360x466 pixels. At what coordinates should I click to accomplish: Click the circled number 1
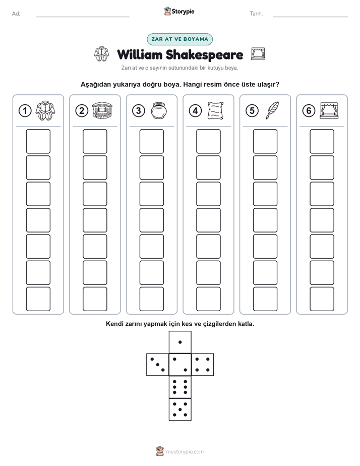point(25,111)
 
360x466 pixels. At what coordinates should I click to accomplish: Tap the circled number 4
point(195,111)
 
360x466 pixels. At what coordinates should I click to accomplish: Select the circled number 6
point(309,111)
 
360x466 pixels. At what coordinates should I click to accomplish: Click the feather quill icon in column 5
point(272,110)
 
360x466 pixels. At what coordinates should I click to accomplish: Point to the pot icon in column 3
point(159,111)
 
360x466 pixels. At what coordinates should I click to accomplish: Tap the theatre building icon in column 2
point(102,110)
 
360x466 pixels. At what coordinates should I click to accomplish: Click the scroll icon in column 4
point(216,110)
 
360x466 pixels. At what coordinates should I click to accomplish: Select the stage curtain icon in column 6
point(329,110)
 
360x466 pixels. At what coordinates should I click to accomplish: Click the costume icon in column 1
point(45,110)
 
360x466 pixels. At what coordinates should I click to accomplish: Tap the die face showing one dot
point(180,342)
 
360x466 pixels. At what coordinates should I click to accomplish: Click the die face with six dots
point(180,387)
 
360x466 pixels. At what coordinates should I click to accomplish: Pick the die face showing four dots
point(203,364)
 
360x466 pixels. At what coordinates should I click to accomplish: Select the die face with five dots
point(180,409)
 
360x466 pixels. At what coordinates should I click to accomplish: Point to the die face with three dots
point(158,364)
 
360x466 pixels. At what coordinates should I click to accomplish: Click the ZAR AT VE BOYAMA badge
point(179,39)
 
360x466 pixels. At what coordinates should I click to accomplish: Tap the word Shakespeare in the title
point(204,55)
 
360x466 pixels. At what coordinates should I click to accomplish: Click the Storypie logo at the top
point(179,11)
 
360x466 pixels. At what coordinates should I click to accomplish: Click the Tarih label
point(256,14)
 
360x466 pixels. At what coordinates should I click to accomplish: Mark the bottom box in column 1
point(38,299)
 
